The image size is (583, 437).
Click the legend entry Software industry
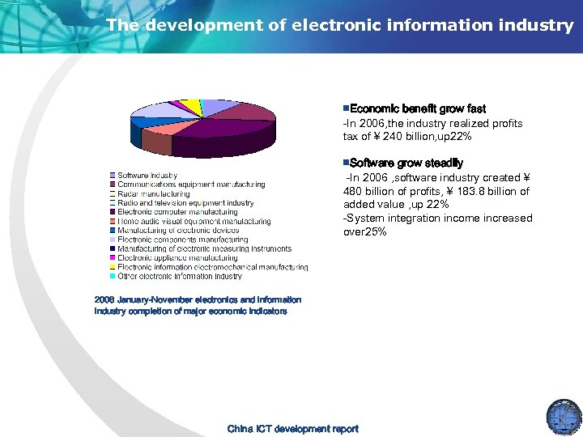tap(147, 176)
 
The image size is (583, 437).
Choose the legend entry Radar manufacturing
tap(153, 194)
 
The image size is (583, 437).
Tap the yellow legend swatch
tap(113, 267)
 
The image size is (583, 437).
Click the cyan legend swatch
tap(113, 276)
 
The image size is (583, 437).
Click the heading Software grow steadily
tap(406, 163)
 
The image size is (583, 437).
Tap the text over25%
tap(365, 232)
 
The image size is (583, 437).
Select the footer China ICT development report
tap(292, 429)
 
